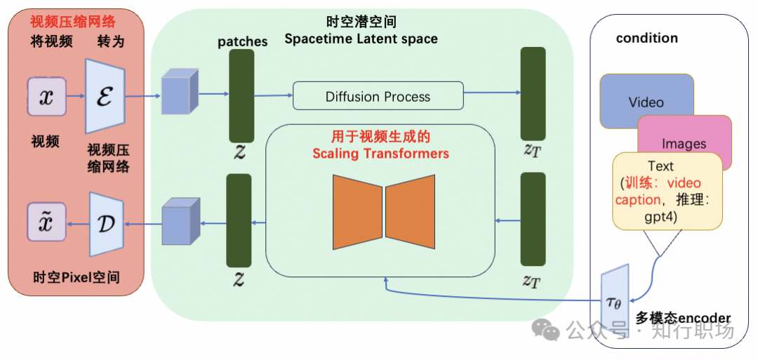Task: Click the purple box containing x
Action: [x=47, y=98]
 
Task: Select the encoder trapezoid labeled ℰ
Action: [x=105, y=96]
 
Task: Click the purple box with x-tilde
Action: [x=47, y=222]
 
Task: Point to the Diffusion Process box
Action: [x=378, y=96]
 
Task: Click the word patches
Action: [x=242, y=41]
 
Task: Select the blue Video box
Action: [x=646, y=102]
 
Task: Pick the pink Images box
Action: [x=684, y=143]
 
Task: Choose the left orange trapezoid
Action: [x=357, y=210]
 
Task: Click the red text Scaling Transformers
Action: [x=380, y=153]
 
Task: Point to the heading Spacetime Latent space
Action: [x=361, y=39]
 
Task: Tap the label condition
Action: [x=646, y=38]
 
